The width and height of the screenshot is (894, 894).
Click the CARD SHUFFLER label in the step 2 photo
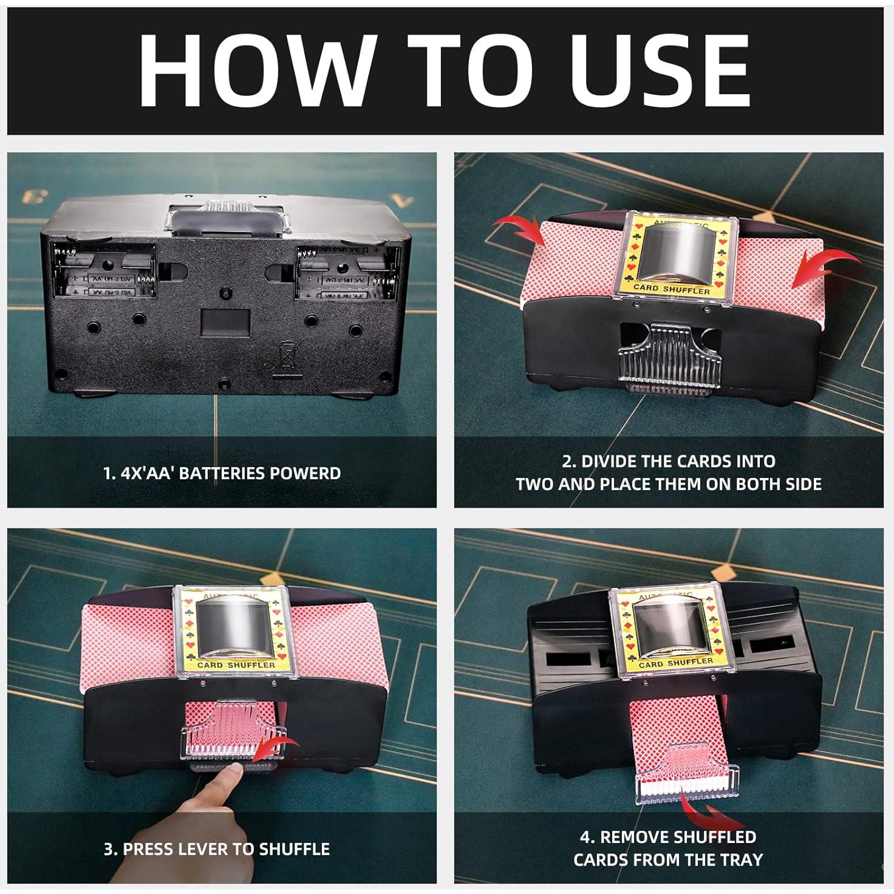click(x=671, y=290)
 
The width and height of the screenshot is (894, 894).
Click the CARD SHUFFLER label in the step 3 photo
click(x=228, y=664)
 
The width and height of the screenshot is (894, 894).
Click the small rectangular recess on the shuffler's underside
click(x=225, y=319)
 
